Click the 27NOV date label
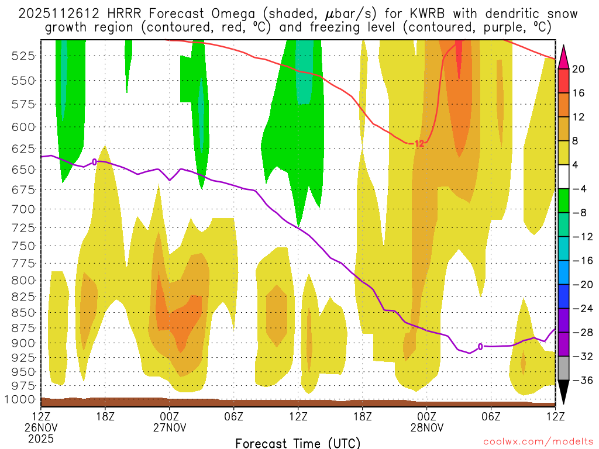(x=170, y=428)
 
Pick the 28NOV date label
(x=427, y=428)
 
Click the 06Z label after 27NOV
(x=234, y=417)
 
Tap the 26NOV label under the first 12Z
(x=41, y=428)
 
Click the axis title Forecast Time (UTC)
(x=298, y=443)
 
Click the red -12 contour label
(x=416, y=143)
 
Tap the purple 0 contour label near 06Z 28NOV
(x=480, y=347)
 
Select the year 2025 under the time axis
(x=41, y=438)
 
